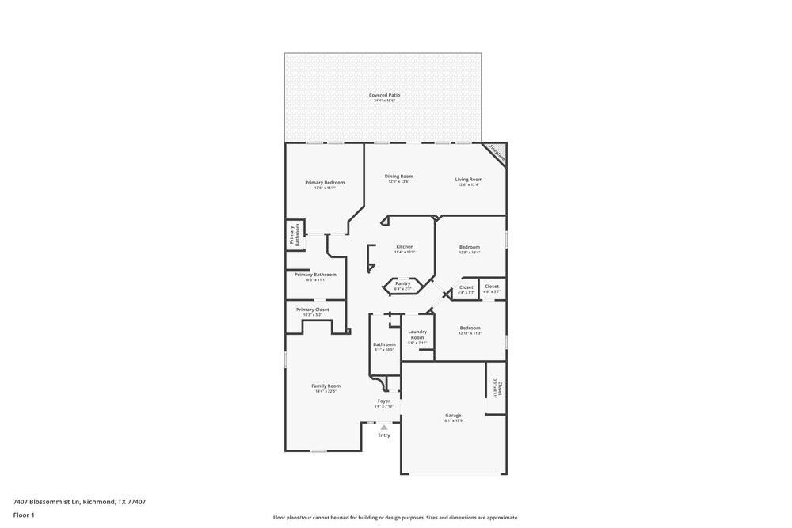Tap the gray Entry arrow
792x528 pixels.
384,427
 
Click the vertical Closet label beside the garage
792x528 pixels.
498,388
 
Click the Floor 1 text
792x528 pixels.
24,515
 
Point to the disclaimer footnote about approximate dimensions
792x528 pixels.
396,518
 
